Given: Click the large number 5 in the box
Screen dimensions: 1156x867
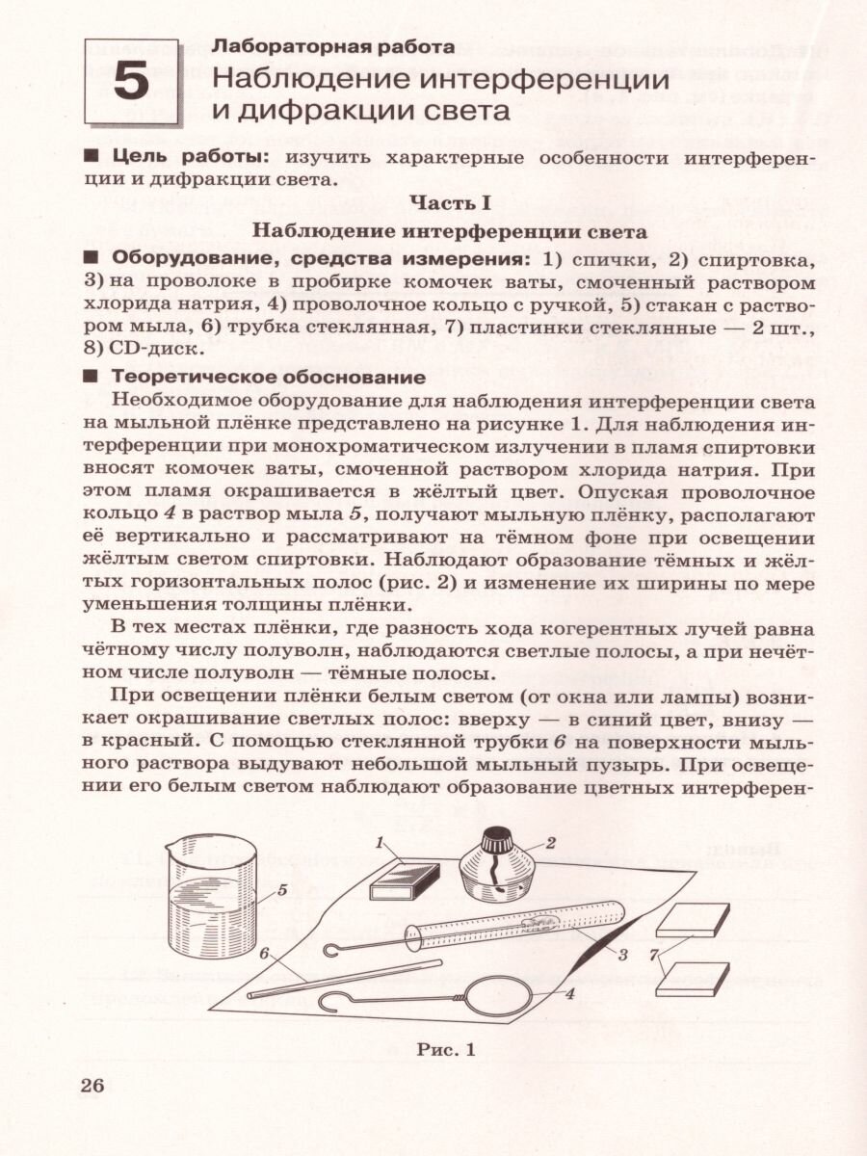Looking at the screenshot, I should [132, 83].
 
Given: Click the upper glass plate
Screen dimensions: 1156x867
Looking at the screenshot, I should [693, 922].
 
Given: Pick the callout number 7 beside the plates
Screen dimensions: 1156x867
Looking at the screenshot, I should [656, 954].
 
